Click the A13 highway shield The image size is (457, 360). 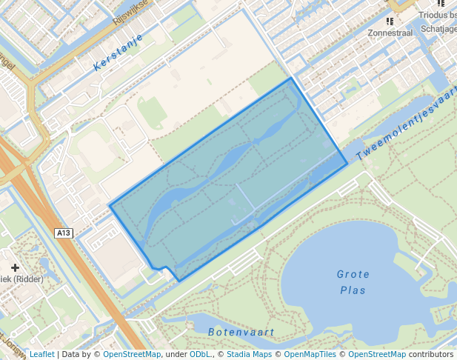click(x=64, y=233)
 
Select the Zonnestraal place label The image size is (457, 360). click(x=390, y=33)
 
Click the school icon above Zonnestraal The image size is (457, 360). click(x=390, y=21)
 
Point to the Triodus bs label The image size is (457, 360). click(x=436, y=15)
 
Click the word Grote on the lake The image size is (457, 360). click(x=353, y=274)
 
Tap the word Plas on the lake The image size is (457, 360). click(x=353, y=290)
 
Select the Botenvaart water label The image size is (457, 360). click(x=241, y=332)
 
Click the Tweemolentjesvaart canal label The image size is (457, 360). click(x=407, y=128)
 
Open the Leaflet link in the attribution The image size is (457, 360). click(x=41, y=354)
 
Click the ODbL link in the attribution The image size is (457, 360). click(x=200, y=354)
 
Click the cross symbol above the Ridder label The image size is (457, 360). click(x=15, y=267)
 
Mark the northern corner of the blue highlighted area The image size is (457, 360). click(x=290, y=78)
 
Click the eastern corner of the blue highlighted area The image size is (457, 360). click(x=347, y=164)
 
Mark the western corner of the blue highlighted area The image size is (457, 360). click(x=110, y=205)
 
